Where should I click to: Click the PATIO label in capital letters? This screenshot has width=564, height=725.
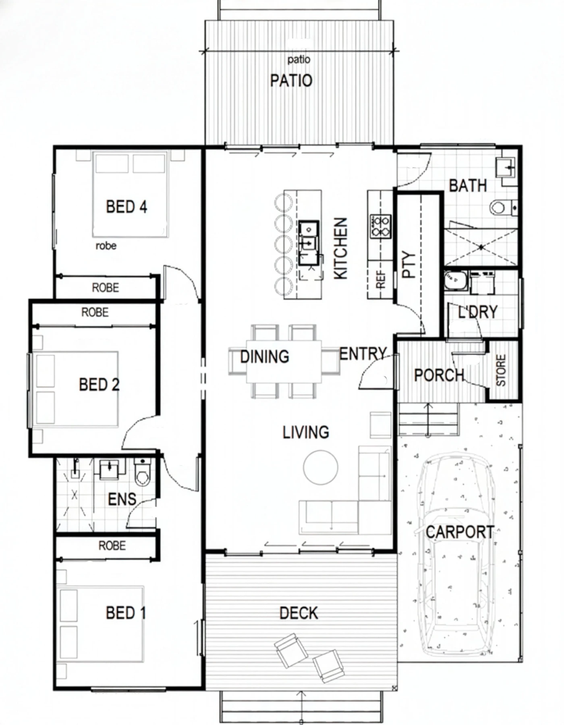[291, 81]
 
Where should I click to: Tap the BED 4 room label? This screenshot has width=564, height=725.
[126, 207]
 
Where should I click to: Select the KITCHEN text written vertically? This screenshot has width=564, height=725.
[341, 248]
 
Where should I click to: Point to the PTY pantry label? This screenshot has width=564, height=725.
[409, 265]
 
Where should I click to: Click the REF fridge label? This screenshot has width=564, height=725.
[381, 280]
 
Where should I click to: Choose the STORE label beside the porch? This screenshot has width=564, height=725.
[500, 370]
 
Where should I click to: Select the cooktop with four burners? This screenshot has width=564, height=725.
[380, 226]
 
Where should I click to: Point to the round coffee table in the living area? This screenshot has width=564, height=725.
[321, 467]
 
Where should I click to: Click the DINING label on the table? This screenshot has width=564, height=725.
[265, 357]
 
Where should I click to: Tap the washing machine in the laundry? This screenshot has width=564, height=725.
[456, 280]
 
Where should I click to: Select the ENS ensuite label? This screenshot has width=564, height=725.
[122, 499]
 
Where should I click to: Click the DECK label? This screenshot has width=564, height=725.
[299, 613]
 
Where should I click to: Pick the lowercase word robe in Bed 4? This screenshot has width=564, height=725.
[106, 246]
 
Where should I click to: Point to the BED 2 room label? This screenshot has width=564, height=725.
[99, 385]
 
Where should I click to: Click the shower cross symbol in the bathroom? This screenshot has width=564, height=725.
[481, 247]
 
